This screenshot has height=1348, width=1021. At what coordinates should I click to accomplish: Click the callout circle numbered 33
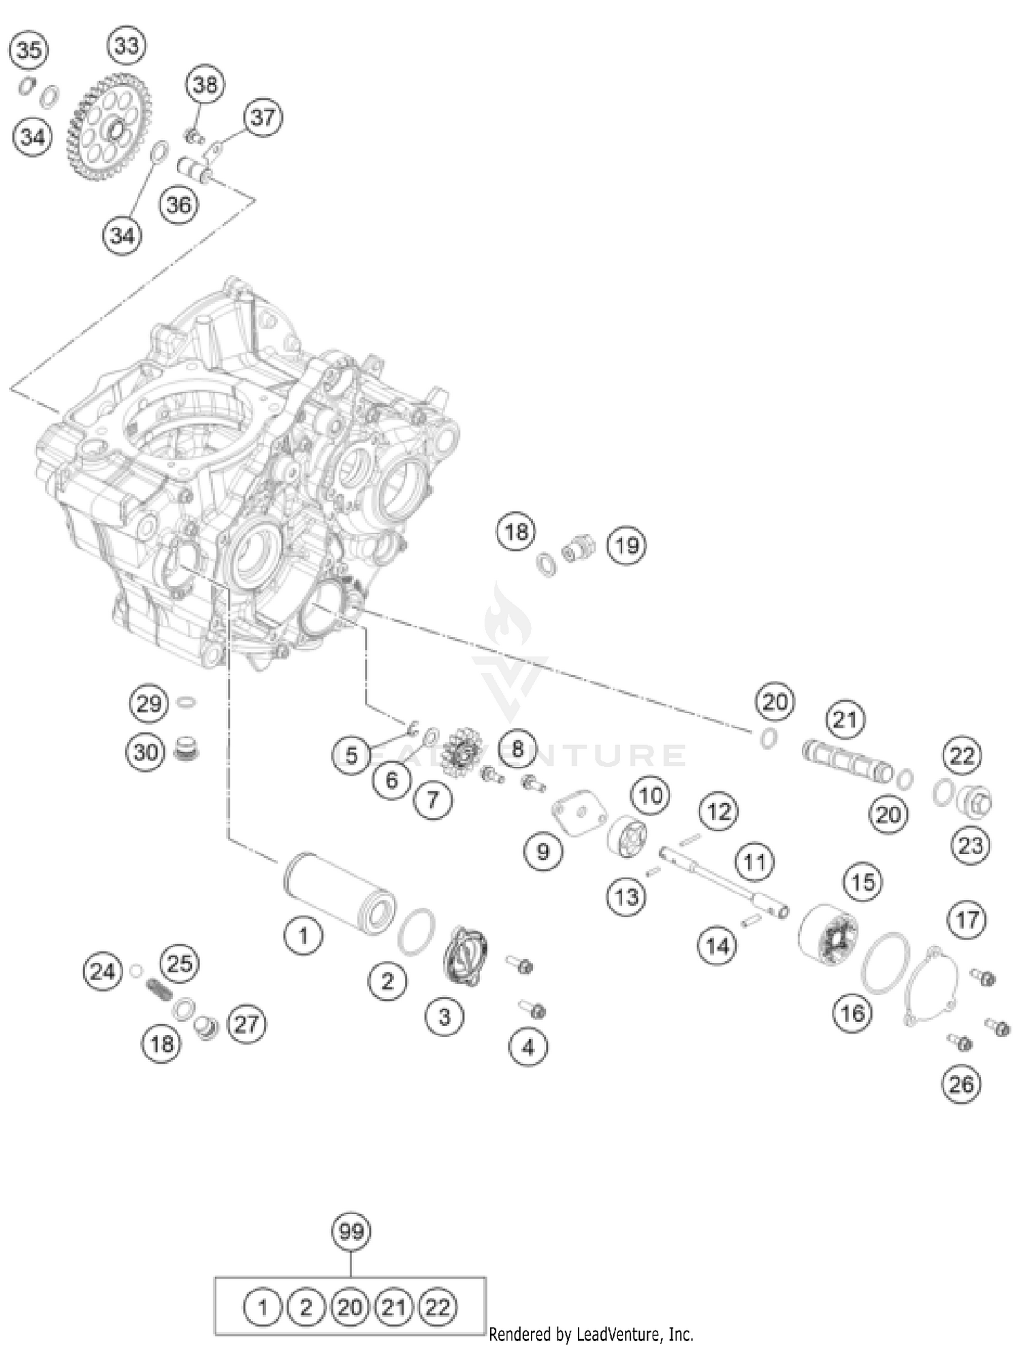[127, 46]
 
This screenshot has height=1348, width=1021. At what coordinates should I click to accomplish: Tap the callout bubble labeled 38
[205, 84]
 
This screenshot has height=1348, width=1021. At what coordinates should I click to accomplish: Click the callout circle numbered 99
[351, 1232]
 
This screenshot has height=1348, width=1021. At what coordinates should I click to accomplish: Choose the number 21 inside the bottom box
[394, 1307]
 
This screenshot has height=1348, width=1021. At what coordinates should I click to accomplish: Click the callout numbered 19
[626, 545]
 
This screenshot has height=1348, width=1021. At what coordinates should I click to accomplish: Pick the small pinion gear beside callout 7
[462, 751]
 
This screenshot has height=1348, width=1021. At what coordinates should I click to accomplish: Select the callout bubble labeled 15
[863, 882]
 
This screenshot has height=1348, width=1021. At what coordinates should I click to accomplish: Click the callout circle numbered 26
[961, 1084]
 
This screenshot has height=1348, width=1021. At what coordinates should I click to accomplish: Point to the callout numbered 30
[146, 752]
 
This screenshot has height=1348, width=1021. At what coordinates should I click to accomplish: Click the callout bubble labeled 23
[971, 845]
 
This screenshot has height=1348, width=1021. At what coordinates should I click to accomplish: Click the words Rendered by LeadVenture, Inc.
[591, 1334]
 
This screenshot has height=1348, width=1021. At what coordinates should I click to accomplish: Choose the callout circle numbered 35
[29, 50]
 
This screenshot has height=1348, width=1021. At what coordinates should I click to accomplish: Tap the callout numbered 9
[542, 851]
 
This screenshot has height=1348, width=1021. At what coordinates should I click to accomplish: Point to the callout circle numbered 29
[149, 703]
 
